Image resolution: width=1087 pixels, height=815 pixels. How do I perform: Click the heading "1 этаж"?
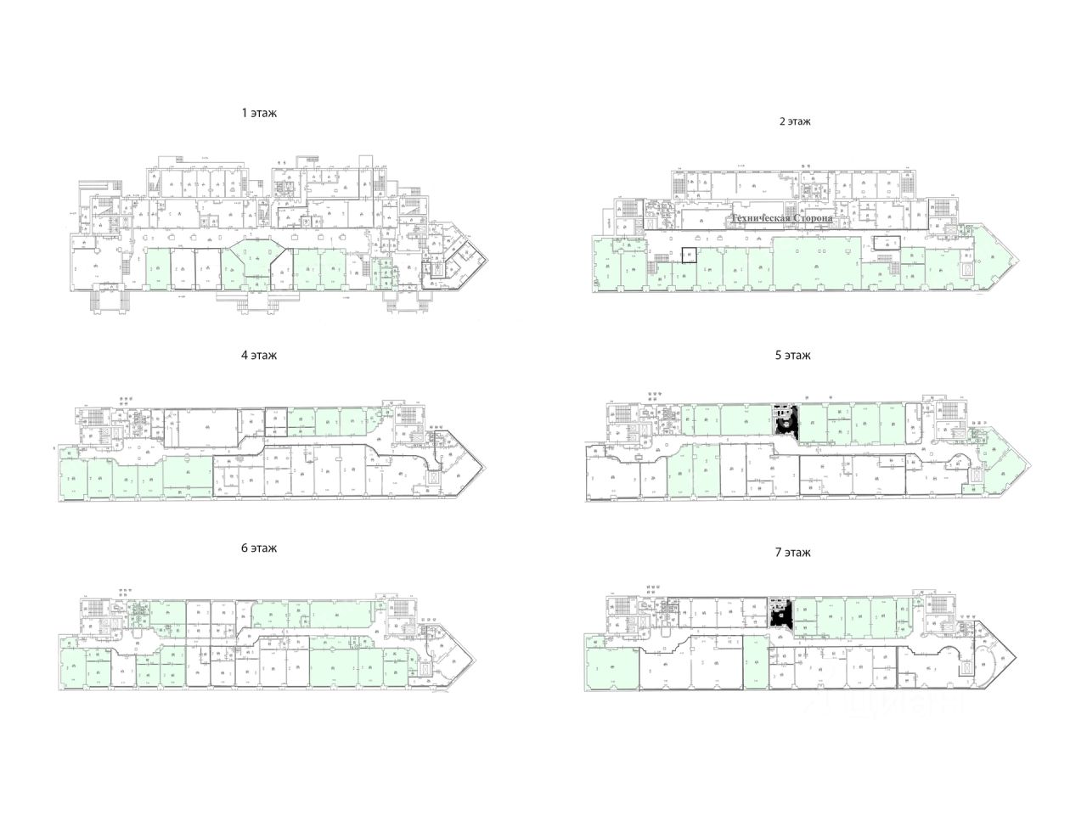point(259,112)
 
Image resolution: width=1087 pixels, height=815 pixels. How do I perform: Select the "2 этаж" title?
point(795,121)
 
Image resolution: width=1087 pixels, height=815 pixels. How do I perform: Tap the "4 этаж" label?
point(259,356)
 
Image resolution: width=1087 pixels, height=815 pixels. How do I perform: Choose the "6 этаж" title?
point(259,548)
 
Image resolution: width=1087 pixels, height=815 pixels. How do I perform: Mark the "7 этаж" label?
point(793,553)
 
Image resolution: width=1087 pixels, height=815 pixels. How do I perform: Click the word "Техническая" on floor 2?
point(763,219)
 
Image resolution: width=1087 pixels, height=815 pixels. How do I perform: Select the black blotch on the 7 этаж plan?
point(780,614)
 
